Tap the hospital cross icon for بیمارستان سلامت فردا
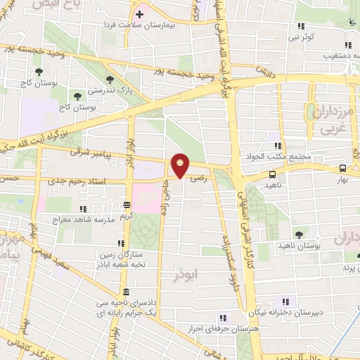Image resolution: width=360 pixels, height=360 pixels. (139, 13)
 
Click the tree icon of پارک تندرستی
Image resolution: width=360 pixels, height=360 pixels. (108, 79)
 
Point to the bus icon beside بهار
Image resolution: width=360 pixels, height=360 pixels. (342, 168)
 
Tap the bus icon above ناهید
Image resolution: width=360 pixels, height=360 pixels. (272, 174)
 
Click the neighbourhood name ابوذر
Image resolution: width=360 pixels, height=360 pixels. (186, 276)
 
